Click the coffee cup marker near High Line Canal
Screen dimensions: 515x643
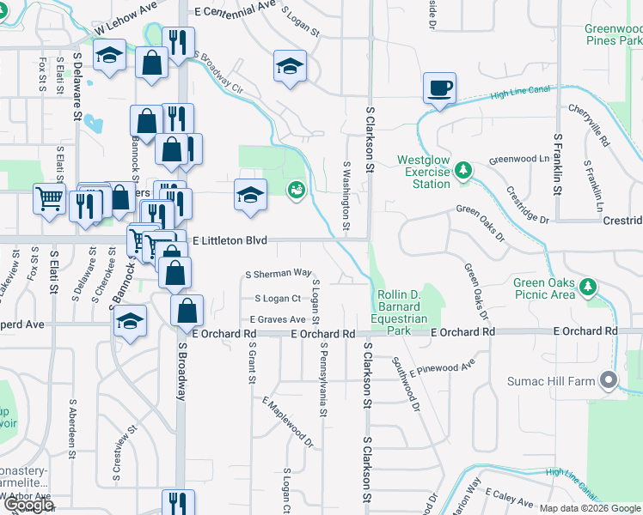click(439, 88)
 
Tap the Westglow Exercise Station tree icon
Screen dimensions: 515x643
click(463, 171)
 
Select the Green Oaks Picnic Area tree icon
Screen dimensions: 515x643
click(588, 286)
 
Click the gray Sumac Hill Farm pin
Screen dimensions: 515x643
click(609, 379)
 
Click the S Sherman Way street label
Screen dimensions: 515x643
click(278, 274)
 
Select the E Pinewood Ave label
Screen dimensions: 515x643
click(443, 368)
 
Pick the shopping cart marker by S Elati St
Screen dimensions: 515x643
click(50, 198)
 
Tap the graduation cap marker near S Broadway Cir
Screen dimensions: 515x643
click(291, 65)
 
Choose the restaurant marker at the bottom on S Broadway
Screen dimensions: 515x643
click(177, 501)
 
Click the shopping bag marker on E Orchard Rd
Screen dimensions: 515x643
click(187, 310)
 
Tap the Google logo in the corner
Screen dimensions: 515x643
click(28, 505)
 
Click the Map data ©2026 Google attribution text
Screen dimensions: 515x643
click(590, 508)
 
